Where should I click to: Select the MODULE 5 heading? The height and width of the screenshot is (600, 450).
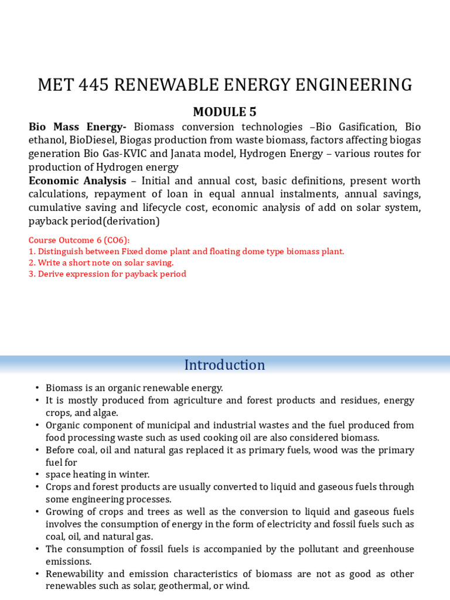click(x=225, y=111)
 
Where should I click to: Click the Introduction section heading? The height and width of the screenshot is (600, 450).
click(x=225, y=365)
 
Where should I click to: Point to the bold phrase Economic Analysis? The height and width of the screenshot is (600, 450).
click(x=77, y=180)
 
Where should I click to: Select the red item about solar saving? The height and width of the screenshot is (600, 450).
click(x=101, y=262)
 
